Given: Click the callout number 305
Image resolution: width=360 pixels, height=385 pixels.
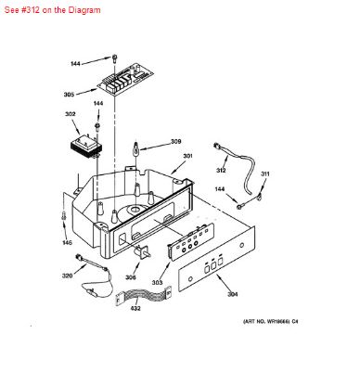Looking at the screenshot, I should tap(70, 95).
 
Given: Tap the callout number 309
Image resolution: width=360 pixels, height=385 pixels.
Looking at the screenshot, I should tap(175, 142).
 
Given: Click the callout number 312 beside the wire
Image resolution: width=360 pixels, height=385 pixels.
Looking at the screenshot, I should tap(222, 171).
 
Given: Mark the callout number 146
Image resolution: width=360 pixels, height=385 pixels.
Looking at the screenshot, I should tap(66, 242).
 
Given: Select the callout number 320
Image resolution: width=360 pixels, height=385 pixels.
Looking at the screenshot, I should tap(67, 276).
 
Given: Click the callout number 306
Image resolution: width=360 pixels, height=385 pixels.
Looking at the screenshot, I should tap(131, 276).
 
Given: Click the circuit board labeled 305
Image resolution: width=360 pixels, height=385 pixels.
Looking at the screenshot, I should tap(128, 87).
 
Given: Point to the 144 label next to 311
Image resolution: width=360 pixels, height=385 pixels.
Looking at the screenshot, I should tap(221, 189).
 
